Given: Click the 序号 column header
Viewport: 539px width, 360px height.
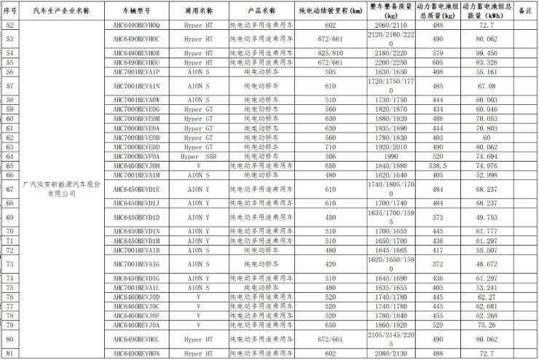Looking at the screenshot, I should coord(9,12).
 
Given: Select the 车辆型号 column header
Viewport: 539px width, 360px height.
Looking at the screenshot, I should coord(136,12).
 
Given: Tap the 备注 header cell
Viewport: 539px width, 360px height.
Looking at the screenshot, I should coord(524,12).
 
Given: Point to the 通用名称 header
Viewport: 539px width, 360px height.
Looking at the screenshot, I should coord(198,12).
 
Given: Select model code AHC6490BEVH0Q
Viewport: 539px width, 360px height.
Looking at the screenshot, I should coord(136,24).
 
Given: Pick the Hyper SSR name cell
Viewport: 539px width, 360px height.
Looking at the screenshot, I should coord(198,156).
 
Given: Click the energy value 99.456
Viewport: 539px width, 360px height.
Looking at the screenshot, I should coord(487,53).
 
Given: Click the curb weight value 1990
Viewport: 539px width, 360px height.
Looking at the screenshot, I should coord(386,156).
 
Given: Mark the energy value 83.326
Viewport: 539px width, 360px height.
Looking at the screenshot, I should coord(487,63).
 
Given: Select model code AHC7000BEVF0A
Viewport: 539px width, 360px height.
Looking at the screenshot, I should coord(136,156).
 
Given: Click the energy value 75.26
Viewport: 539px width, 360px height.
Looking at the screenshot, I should coord(487,324).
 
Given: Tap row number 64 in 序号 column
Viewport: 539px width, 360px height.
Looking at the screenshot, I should coord(9,156).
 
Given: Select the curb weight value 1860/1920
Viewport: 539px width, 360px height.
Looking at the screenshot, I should coord(386,324).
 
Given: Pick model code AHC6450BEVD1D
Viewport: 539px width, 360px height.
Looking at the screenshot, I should coord(136,216).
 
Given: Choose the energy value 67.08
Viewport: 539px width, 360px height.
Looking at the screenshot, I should coord(487,86).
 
